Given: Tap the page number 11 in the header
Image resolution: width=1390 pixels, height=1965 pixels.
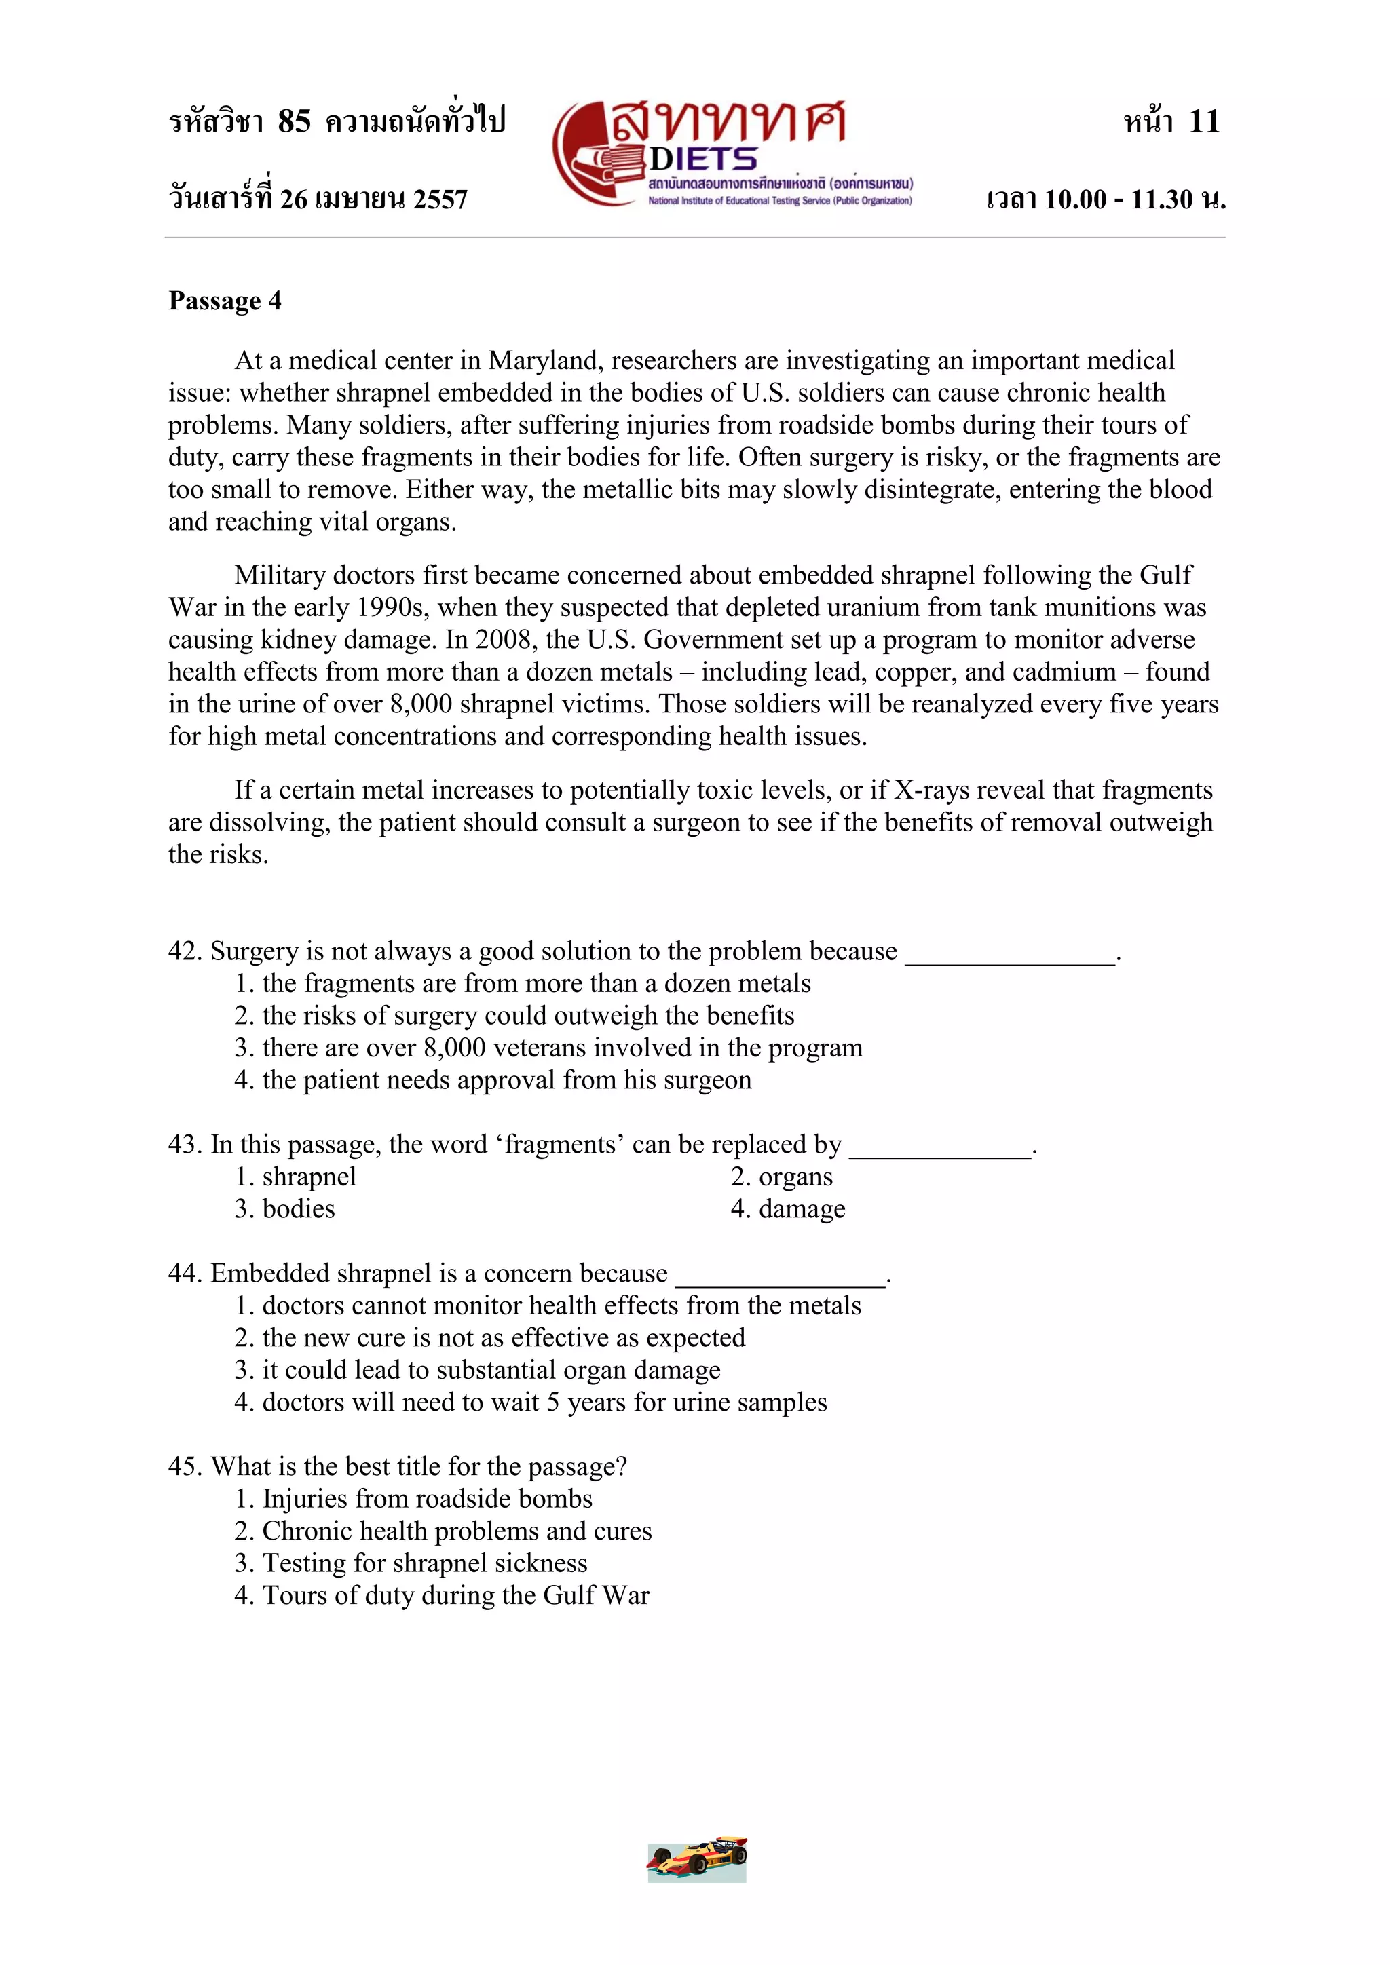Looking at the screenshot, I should (1203, 121).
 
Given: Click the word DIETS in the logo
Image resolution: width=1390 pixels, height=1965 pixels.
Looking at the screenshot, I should (702, 159).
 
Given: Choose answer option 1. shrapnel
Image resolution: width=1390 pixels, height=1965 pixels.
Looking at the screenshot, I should (296, 1177).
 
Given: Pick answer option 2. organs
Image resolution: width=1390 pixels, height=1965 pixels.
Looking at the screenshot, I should (781, 1177).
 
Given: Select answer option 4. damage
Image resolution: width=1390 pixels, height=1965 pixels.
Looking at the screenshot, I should (787, 1209).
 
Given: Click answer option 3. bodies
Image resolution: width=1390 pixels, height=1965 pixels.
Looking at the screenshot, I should (285, 1209).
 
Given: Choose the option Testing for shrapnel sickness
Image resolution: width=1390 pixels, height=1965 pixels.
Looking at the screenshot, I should (412, 1563).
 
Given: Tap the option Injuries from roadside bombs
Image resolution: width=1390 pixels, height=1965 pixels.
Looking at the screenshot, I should (414, 1500).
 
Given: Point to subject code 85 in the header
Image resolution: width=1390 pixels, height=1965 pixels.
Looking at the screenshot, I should (294, 121).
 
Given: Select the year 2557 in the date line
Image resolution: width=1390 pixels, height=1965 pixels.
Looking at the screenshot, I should (440, 200).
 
